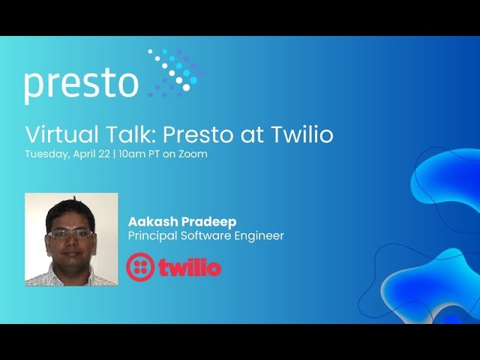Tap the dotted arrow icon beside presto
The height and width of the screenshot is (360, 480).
174,73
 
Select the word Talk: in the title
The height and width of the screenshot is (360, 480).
134,135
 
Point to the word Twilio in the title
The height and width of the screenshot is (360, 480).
300,135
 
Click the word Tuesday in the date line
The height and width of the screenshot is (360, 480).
46,154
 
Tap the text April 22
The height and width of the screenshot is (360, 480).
91,154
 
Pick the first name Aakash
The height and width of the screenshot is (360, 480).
151,222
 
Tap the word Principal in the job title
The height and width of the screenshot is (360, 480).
152,236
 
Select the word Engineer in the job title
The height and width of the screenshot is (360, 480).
259,236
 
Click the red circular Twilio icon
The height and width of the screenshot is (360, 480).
140,267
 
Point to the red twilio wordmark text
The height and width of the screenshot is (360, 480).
190,267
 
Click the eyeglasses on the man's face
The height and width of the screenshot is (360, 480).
70,233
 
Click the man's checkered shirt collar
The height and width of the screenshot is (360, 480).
71,276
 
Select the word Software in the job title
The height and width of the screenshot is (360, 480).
205,236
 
